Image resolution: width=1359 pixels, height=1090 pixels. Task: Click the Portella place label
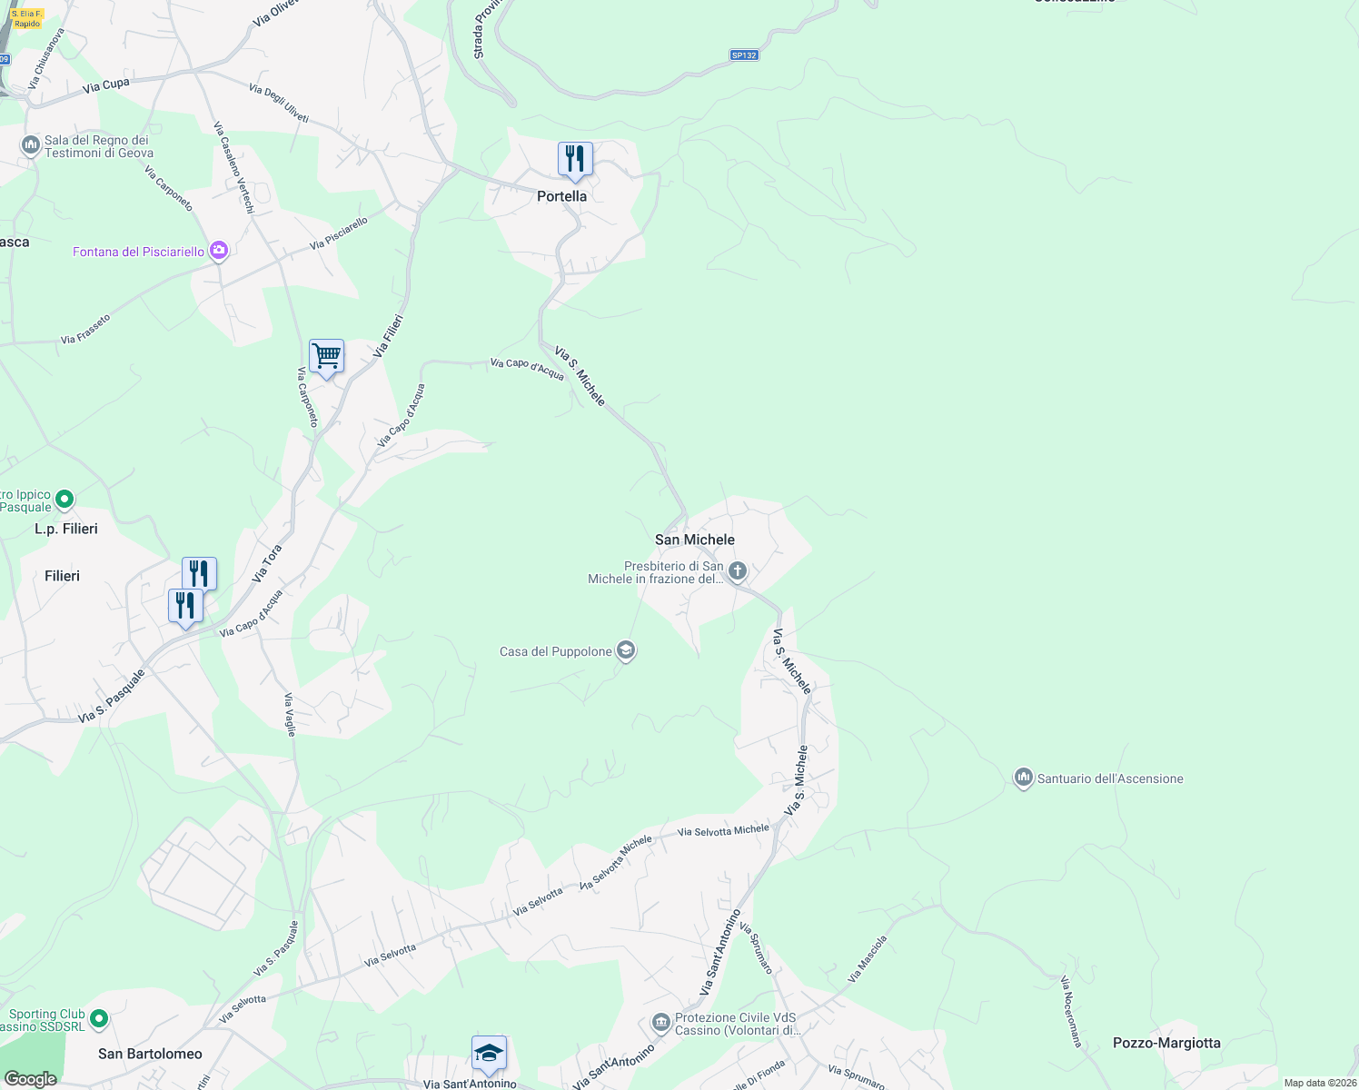tap(561, 196)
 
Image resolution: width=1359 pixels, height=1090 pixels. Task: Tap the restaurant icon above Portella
tap(575, 160)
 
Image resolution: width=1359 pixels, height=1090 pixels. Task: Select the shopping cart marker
tap(326, 356)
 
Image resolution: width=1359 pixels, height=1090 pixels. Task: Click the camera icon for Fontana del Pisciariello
tap(218, 251)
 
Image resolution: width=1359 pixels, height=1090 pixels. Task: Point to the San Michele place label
tap(694, 540)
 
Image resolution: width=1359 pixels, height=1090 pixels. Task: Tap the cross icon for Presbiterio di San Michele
tap(738, 571)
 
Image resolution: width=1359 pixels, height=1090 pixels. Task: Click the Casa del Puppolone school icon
tap(625, 650)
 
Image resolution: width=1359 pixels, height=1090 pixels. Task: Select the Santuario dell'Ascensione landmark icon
tap(1023, 778)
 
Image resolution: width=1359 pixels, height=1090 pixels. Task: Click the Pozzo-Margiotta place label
tap(1166, 1043)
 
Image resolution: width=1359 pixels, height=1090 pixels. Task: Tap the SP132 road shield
tap(743, 55)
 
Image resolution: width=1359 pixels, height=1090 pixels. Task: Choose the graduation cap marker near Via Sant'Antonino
tap(489, 1054)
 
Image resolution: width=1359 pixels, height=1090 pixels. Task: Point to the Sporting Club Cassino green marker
tap(99, 1019)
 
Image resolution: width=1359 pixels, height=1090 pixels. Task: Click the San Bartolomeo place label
tap(150, 1054)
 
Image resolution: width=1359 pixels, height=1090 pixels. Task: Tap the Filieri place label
tap(62, 576)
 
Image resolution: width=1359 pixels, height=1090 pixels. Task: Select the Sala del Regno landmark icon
tap(30, 144)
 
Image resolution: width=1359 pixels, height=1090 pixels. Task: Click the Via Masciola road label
tap(867, 959)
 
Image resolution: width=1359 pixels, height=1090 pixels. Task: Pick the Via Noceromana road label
tap(1071, 1012)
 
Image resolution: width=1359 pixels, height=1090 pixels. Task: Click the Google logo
tap(30, 1078)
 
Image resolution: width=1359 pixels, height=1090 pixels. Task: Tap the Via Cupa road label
tap(106, 85)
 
